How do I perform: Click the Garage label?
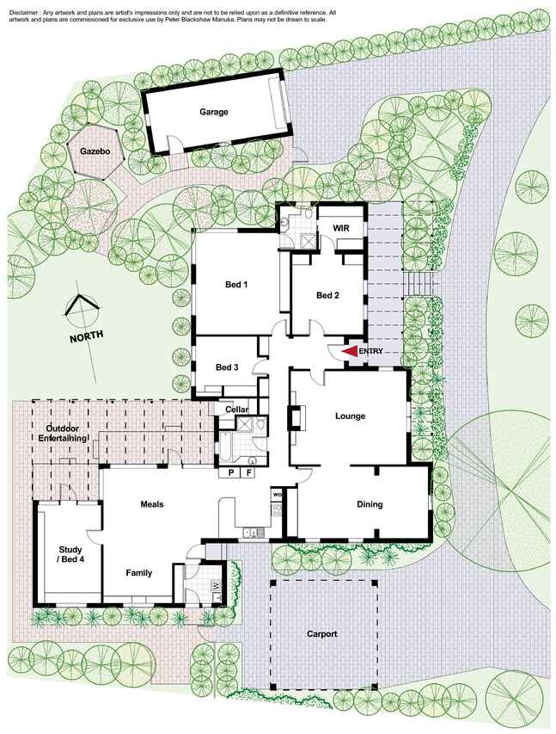pyautogui.click(x=214, y=112)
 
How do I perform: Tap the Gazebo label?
pyautogui.click(x=95, y=151)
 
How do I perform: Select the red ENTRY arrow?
pyautogui.click(x=350, y=351)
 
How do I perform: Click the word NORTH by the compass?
pyautogui.click(x=87, y=336)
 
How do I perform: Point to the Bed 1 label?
pyautogui.click(x=236, y=285)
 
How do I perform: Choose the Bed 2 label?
pyautogui.click(x=327, y=295)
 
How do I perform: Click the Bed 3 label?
pyautogui.click(x=227, y=367)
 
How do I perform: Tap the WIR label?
pyautogui.click(x=341, y=228)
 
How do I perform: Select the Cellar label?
pyautogui.click(x=236, y=410)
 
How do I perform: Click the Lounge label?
pyautogui.click(x=350, y=416)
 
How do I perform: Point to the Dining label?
pyautogui.click(x=370, y=504)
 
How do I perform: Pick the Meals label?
pyautogui.click(x=152, y=504)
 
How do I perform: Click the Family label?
pyautogui.click(x=139, y=573)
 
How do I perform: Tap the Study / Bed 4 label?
pyautogui.click(x=70, y=554)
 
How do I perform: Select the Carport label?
pyautogui.click(x=321, y=634)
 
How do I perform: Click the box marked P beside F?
pyautogui.click(x=230, y=472)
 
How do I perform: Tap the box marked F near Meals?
pyautogui.click(x=249, y=472)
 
